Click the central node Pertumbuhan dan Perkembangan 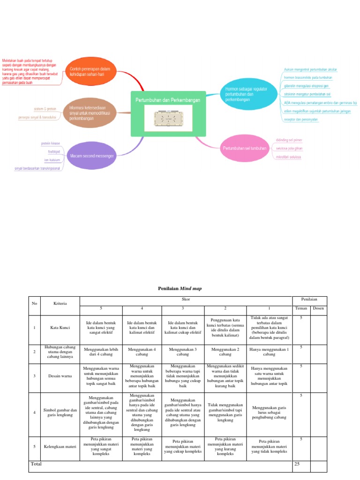pyautogui.click(x=167, y=100)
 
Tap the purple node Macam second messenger pyautogui.click(x=92, y=156)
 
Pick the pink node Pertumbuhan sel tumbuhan pyautogui.click(x=244, y=149)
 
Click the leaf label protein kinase pyautogui.click(x=50, y=143)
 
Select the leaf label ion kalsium pyautogui.click(x=52, y=160)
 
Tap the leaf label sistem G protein pyautogui.click(x=45, y=108)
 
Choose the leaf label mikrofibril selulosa pyautogui.click(x=288, y=157)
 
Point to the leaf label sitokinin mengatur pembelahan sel pyautogui.click(x=307, y=94)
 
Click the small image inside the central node pyautogui.click(x=167, y=118)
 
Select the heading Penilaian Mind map pyautogui.click(x=180, y=289)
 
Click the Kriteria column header pyautogui.click(x=60, y=303)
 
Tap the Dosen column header pyautogui.click(x=318, y=308)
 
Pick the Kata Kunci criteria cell pyautogui.click(x=60, y=327)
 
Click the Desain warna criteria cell pyautogui.click(x=60, y=376)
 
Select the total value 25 pyautogui.click(x=297, y=464)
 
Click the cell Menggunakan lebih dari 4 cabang pyautogui.click(x=101, y=352)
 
